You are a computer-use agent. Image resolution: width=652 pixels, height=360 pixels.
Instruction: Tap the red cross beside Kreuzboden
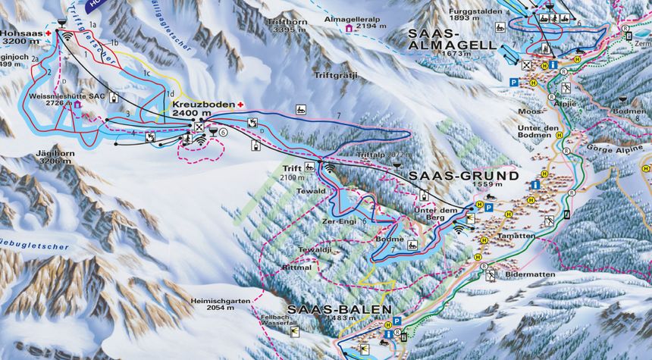point(241,105)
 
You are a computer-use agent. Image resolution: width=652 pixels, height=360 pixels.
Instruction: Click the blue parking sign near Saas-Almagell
point(513,82)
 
